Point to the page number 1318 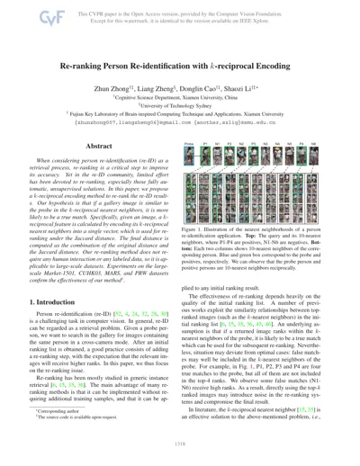click(180, 456)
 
